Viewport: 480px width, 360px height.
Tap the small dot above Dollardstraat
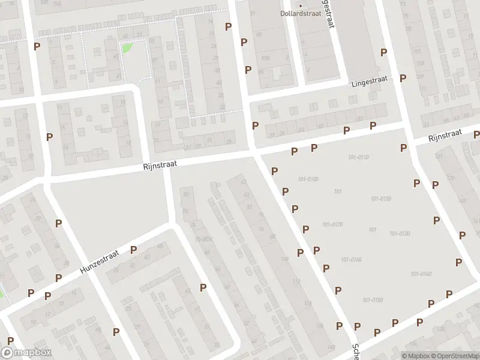(x=301, y=5)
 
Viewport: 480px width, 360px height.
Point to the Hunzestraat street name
(x=100, y=264)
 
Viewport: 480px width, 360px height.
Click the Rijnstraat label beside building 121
(x=445, y=136)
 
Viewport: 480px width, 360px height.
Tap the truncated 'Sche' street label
(x=355, y=352)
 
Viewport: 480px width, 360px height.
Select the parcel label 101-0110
(x=358, y=157)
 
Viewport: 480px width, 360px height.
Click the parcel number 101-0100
(x=307, y=179)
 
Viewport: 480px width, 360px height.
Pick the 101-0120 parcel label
(x=381, y=199)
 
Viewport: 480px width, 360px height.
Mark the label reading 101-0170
(x=332, y=225)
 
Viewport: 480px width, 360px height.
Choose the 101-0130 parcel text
(x=400, y=233)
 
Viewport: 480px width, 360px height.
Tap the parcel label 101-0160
(x=351, y=260)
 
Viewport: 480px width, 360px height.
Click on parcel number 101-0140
(x=421, y=274)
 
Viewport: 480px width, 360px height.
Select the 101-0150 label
(x=373, y=300)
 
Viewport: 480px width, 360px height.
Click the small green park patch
(x=127, y=48)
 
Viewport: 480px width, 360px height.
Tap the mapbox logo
(x=26, y=353)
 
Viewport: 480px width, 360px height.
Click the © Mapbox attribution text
(x=416, y=356)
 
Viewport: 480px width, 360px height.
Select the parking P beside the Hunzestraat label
(x=133, y=250)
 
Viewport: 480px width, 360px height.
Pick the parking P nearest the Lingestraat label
(x=403, y=78)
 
